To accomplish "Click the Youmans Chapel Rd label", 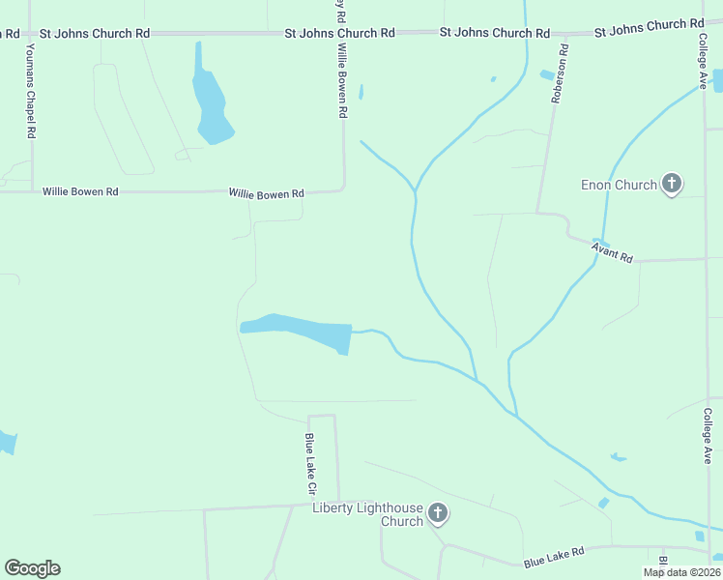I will pyautogui.click(x=31, y=90).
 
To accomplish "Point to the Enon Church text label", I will pyautogui.click(x=620, y=185).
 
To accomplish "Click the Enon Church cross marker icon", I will pyautogui.click(x=672, y=184).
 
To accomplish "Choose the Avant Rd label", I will pyautogui.click(x=613, y=253).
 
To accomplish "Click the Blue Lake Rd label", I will pyautogui.click(x=555, y=557).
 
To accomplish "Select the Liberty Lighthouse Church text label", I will pyautogui.click(x=368, y=514).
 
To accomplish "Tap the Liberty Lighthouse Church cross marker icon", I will pyautogui.click(x=438, y=511).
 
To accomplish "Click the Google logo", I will pyautogui.click(x=32, y=568).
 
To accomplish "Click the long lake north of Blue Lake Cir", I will pyautogui.click(x=300, y=330).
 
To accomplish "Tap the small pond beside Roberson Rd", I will pyautogui.click(x=547, y=74).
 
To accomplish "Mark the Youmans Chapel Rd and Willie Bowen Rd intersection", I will pyautogui.click(x=32, y=191).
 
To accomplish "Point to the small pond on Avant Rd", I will pyautogui.click(x=600, y=242).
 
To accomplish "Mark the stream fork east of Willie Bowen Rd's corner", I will pyautogui.click(x=416, y=189).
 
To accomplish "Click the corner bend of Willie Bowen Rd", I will pyautogui.click(x=344, y=189).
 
